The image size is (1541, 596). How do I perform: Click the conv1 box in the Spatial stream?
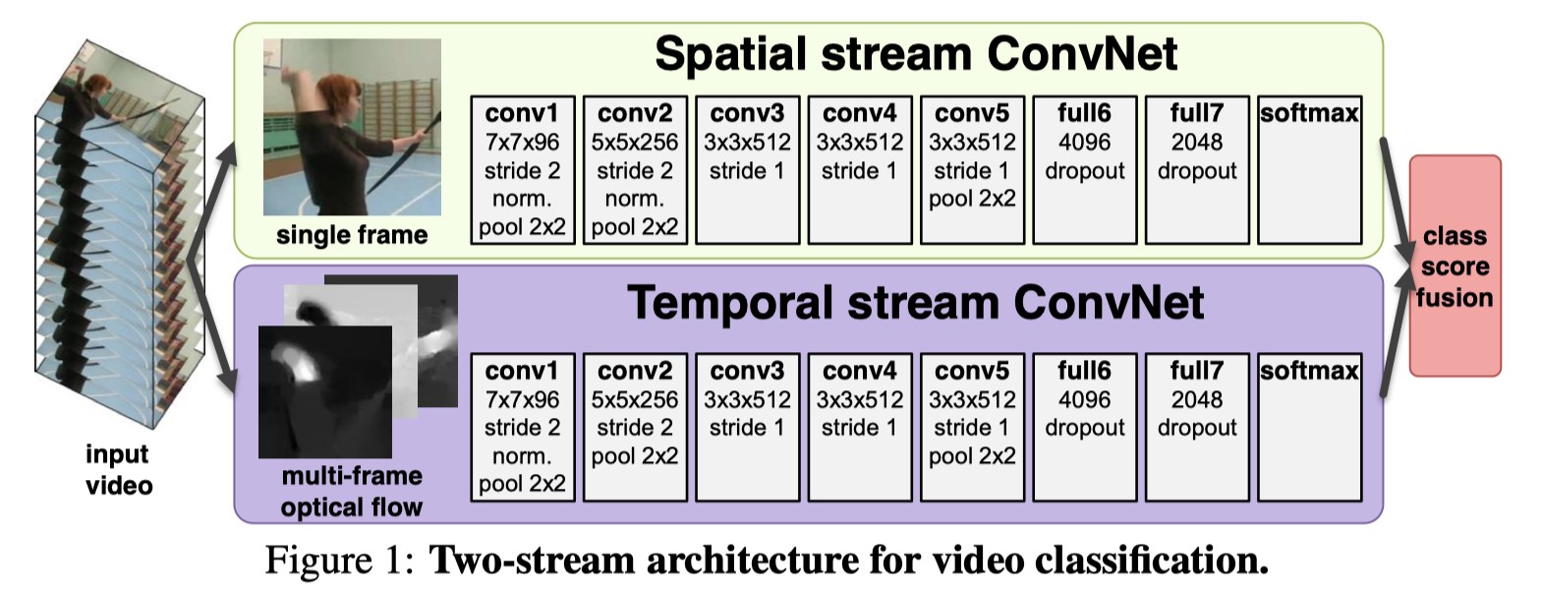click(x=523, y=169)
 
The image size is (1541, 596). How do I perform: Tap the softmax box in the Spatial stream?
click(x=1309, y=169)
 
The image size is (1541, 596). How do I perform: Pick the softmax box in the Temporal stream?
click(x=1309, y=425)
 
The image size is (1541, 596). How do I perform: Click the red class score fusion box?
click(x=1455, y=266)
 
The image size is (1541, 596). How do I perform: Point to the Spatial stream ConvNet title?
click(x=915, y=56)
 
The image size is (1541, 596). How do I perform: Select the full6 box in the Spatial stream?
click(x=1085, y=169)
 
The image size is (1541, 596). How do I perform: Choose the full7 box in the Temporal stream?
click(x=1197, y=425)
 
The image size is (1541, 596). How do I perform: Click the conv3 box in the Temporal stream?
click(x=747, y=425)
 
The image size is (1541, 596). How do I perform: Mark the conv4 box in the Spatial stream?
click(x=860, y=169)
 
